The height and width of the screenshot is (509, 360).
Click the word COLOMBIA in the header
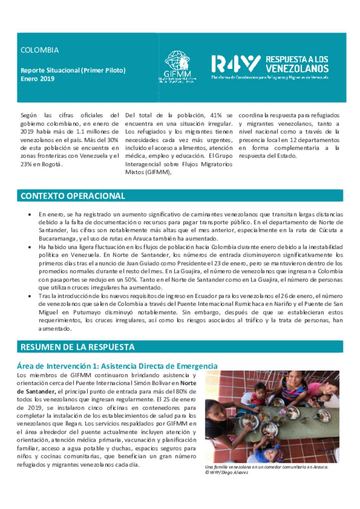tap(39, 50)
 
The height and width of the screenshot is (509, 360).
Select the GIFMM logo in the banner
tap(177, 67)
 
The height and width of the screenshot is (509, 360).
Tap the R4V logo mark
tap(236, 64)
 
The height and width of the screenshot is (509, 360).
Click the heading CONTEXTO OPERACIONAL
tap(73, 196)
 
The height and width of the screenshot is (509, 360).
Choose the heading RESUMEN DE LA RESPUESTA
tap(77, 347)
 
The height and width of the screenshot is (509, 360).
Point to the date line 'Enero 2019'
tap(37, 79)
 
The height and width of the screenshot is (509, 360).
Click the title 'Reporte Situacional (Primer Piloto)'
tap(73, 70)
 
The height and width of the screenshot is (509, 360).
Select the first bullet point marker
tap(30, 214)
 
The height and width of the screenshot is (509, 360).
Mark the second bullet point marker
tap(30, 247)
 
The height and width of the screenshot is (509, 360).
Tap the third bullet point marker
tap(30, 296)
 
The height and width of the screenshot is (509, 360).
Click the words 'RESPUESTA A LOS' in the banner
tap(297, 59)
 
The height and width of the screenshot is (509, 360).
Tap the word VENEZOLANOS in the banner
tap(297, 68)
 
